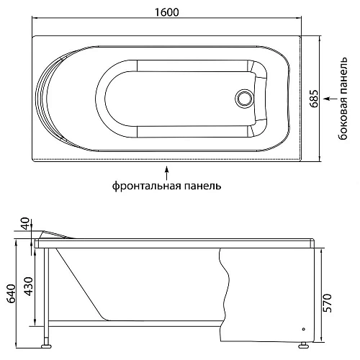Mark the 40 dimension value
[x=27, y=224]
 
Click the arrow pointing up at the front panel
[x=167, y=171]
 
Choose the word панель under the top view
[x=202, y=186]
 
